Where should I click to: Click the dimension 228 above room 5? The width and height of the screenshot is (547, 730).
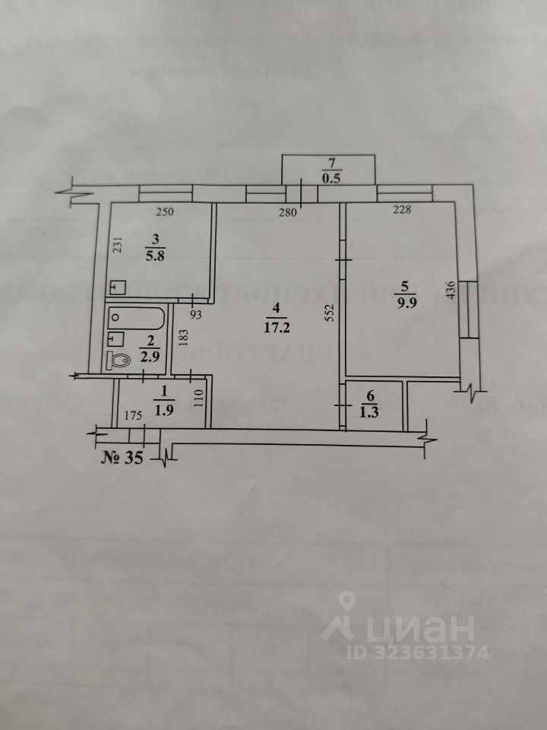tap(400, 211)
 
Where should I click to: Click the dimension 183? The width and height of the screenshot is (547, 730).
tap(182, 335)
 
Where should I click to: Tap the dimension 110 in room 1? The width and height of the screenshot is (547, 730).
tap(199, 399)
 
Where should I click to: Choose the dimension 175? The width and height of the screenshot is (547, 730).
tap(134, 417)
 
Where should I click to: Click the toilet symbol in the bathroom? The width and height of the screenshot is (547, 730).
tap(120, 360)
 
